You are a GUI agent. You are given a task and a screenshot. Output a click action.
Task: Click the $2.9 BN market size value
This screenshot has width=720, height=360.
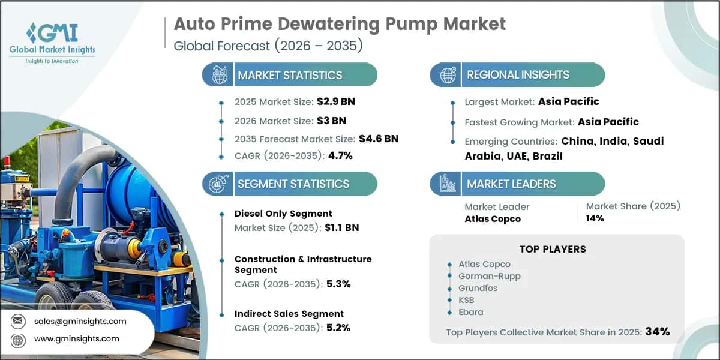coord(336,101)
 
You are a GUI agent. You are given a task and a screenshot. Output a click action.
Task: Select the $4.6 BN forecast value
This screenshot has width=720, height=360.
coord(379,139)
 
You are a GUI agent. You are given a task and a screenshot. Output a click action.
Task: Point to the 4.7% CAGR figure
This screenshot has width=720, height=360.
coord(340,155)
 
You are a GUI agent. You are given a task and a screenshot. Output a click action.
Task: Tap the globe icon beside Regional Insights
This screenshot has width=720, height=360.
coord(448,75)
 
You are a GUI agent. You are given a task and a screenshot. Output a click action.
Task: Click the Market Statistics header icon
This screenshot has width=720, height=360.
coord(220,75)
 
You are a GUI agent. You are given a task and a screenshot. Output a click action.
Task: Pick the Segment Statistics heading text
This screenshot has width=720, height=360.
coord(293,184)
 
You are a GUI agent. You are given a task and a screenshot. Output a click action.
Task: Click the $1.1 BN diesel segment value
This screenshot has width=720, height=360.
coord(341,227)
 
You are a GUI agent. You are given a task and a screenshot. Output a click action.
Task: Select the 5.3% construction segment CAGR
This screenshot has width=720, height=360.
coord(338,284)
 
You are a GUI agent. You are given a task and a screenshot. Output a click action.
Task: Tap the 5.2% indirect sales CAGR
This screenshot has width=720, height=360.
coord(338,328)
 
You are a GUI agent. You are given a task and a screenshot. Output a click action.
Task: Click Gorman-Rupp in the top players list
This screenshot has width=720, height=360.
coord(490,276)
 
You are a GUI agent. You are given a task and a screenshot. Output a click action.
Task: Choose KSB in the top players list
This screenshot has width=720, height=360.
coord(466,300)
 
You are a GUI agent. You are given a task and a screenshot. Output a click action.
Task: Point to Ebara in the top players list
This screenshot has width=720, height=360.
coord(471,312)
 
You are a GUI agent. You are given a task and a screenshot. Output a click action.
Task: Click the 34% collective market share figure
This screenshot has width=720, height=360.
coord(658,331)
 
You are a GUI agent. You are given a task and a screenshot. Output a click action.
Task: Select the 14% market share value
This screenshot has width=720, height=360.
coord(595,218)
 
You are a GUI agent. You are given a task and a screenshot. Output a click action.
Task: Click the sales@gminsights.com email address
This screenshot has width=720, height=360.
coord(80,321)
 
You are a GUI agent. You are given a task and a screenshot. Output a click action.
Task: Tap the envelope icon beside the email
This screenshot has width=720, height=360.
coord(18,321)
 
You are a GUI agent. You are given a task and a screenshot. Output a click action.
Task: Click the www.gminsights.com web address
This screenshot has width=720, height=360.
coord(77,338)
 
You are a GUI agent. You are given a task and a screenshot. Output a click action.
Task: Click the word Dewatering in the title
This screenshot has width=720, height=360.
coord(329,25)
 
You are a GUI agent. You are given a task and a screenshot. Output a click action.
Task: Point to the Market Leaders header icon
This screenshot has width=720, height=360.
coord(448,184)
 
